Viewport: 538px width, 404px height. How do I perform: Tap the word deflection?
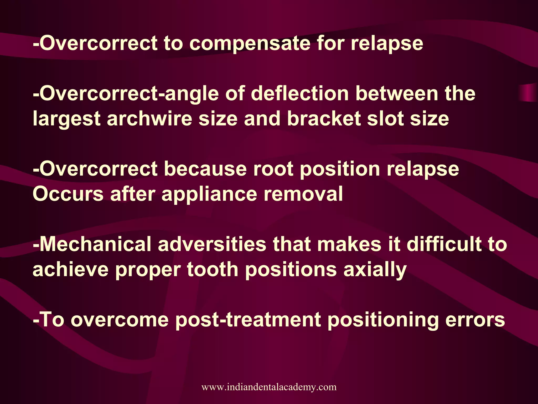(x=300, y=94)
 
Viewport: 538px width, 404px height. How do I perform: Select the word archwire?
(x=149, y=119)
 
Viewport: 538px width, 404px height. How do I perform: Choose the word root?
(x=273, y=169)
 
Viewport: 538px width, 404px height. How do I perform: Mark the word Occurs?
(x=68, y=194)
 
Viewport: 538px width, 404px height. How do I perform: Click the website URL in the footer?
(x=269, y=387)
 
